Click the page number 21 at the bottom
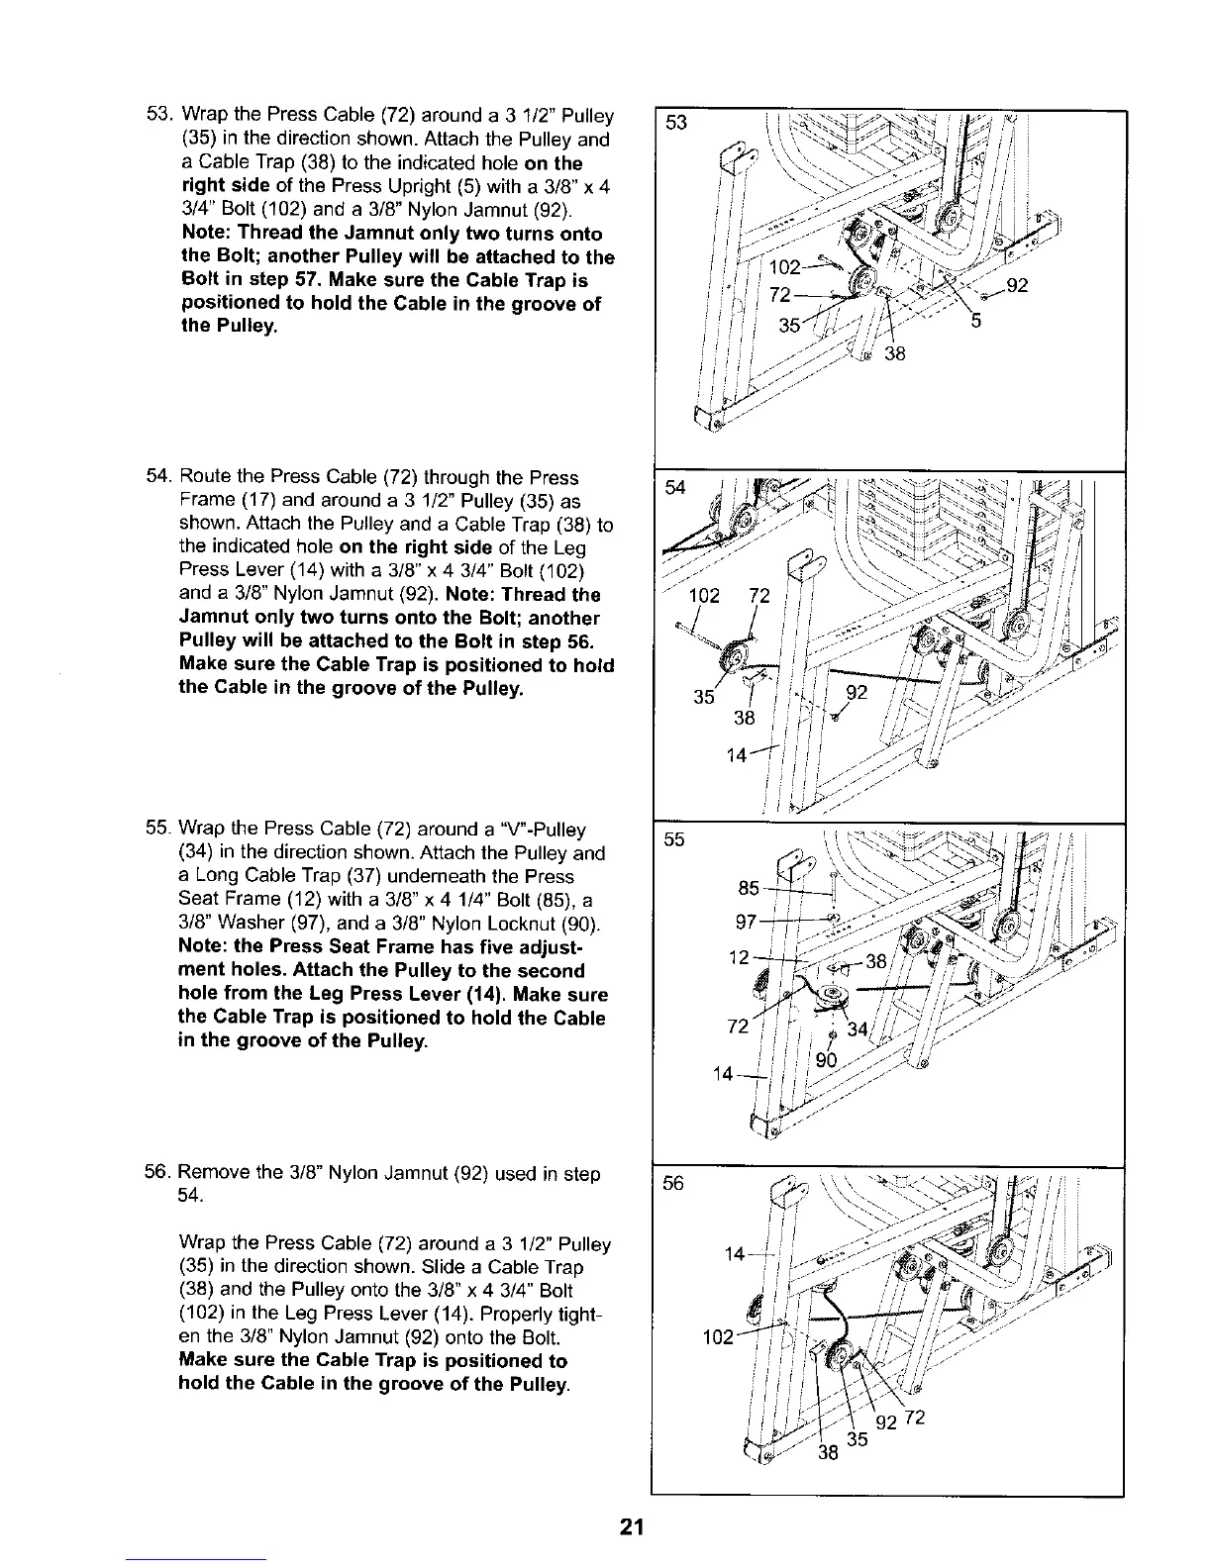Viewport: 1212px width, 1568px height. click(x=632, y=1526)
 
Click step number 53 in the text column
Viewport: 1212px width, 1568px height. click(x=159, y=116)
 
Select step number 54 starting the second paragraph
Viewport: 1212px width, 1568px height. click(x=159, y=478)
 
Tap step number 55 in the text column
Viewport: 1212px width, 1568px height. click(x=159, y=829)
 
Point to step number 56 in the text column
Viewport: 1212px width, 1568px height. click(x=159, y=1174)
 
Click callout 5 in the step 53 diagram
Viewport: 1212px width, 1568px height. click(x=975, y=320)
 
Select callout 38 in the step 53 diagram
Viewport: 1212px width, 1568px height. click(x=895, y=354)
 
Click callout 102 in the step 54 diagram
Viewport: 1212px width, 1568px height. click(x=704, y=596)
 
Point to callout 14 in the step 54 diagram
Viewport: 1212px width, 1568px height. click(x=737, y=756)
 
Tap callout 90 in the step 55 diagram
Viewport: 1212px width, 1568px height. click(x=825, y=1061)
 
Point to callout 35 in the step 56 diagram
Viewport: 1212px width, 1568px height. click(x=858, y=1439)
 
